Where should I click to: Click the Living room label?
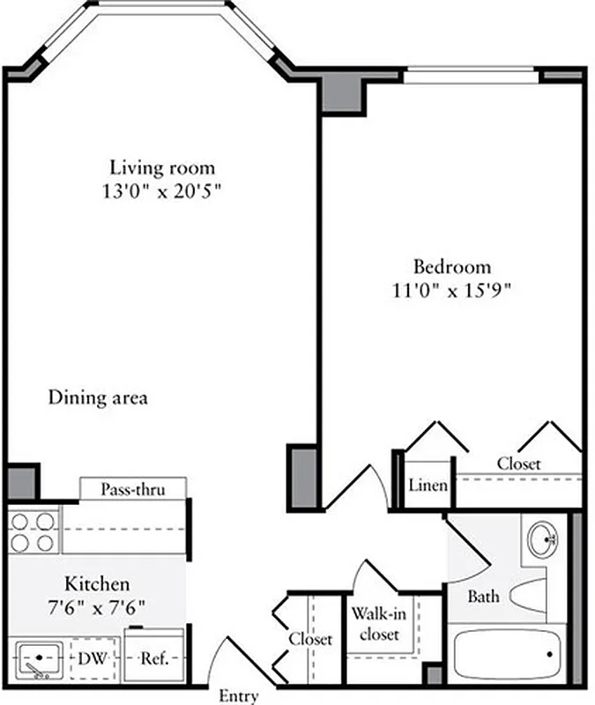pos(161,167)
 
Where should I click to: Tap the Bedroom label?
pos(452,266)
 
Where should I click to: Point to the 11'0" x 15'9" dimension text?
pos(452,289)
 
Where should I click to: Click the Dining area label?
pos(97,397)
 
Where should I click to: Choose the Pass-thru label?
pos(131,489)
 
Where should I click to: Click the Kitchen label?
pos(97,583)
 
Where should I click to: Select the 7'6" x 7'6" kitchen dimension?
pos(97,606)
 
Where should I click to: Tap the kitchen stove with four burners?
pos(33,531)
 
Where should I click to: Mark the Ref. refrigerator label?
pos(153,658)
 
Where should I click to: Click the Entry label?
pos(238,696)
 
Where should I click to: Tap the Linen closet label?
pos(428,486)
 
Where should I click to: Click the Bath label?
pos(483,597)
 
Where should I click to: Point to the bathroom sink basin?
pos(541,538)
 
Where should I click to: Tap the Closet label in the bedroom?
pos(518,464)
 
